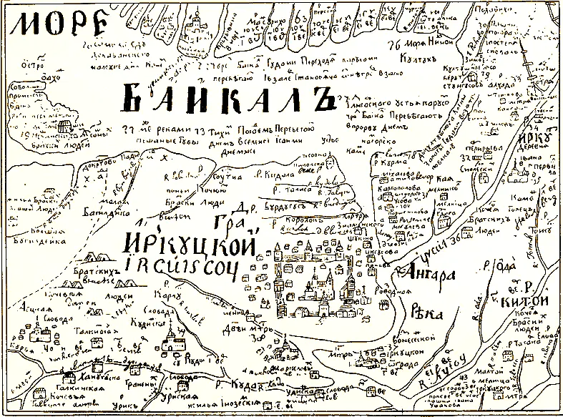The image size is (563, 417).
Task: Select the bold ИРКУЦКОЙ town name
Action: [189, 245]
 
